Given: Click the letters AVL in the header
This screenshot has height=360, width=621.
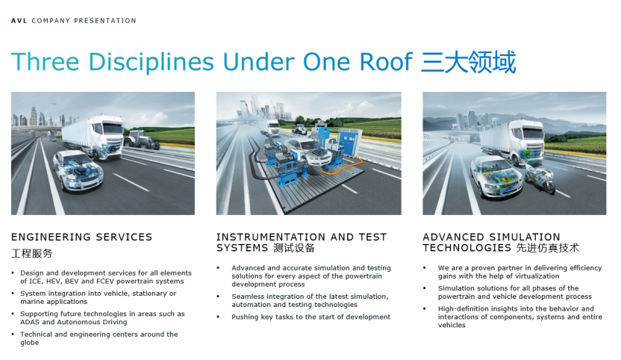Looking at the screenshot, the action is tap(19, 21).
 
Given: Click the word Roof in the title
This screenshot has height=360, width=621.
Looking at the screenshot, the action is tap(386, 62).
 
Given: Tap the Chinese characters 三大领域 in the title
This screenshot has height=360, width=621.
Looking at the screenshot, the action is tap(469, 62).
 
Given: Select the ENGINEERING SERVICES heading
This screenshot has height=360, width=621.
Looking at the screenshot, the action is tap(81, 237).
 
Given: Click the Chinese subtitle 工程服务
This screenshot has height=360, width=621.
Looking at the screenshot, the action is tap(31, 253).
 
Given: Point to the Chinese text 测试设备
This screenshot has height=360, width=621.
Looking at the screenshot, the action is tap(294, 248).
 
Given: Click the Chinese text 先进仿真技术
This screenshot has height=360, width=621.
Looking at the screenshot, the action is tap(548, 248).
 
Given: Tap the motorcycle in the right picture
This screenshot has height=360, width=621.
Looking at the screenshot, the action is tap(540, 179).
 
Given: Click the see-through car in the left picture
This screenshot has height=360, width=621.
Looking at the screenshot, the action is tap(78, 171).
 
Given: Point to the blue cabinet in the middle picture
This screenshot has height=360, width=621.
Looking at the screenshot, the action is tap(348, 143).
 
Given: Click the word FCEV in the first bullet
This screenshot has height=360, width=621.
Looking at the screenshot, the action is tap(105, 281).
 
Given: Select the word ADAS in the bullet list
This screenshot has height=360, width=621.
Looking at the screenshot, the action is tap(30, 322).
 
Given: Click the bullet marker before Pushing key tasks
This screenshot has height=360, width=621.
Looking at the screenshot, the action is tap(218, 317).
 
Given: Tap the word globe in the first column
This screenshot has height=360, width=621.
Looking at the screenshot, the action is tap(30, 343).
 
